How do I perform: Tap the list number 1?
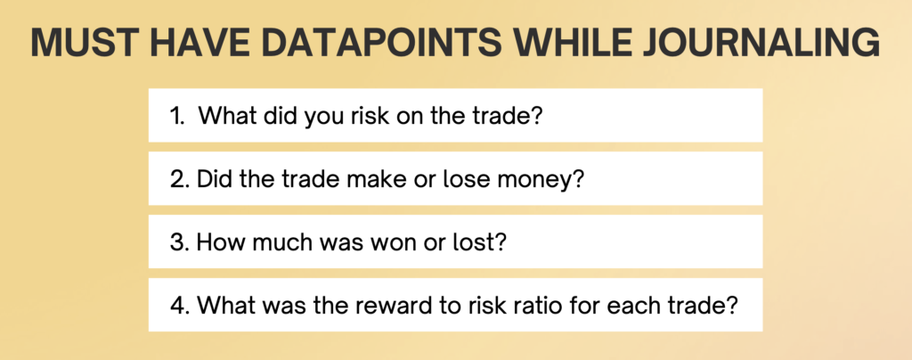(x=177, y=116)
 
